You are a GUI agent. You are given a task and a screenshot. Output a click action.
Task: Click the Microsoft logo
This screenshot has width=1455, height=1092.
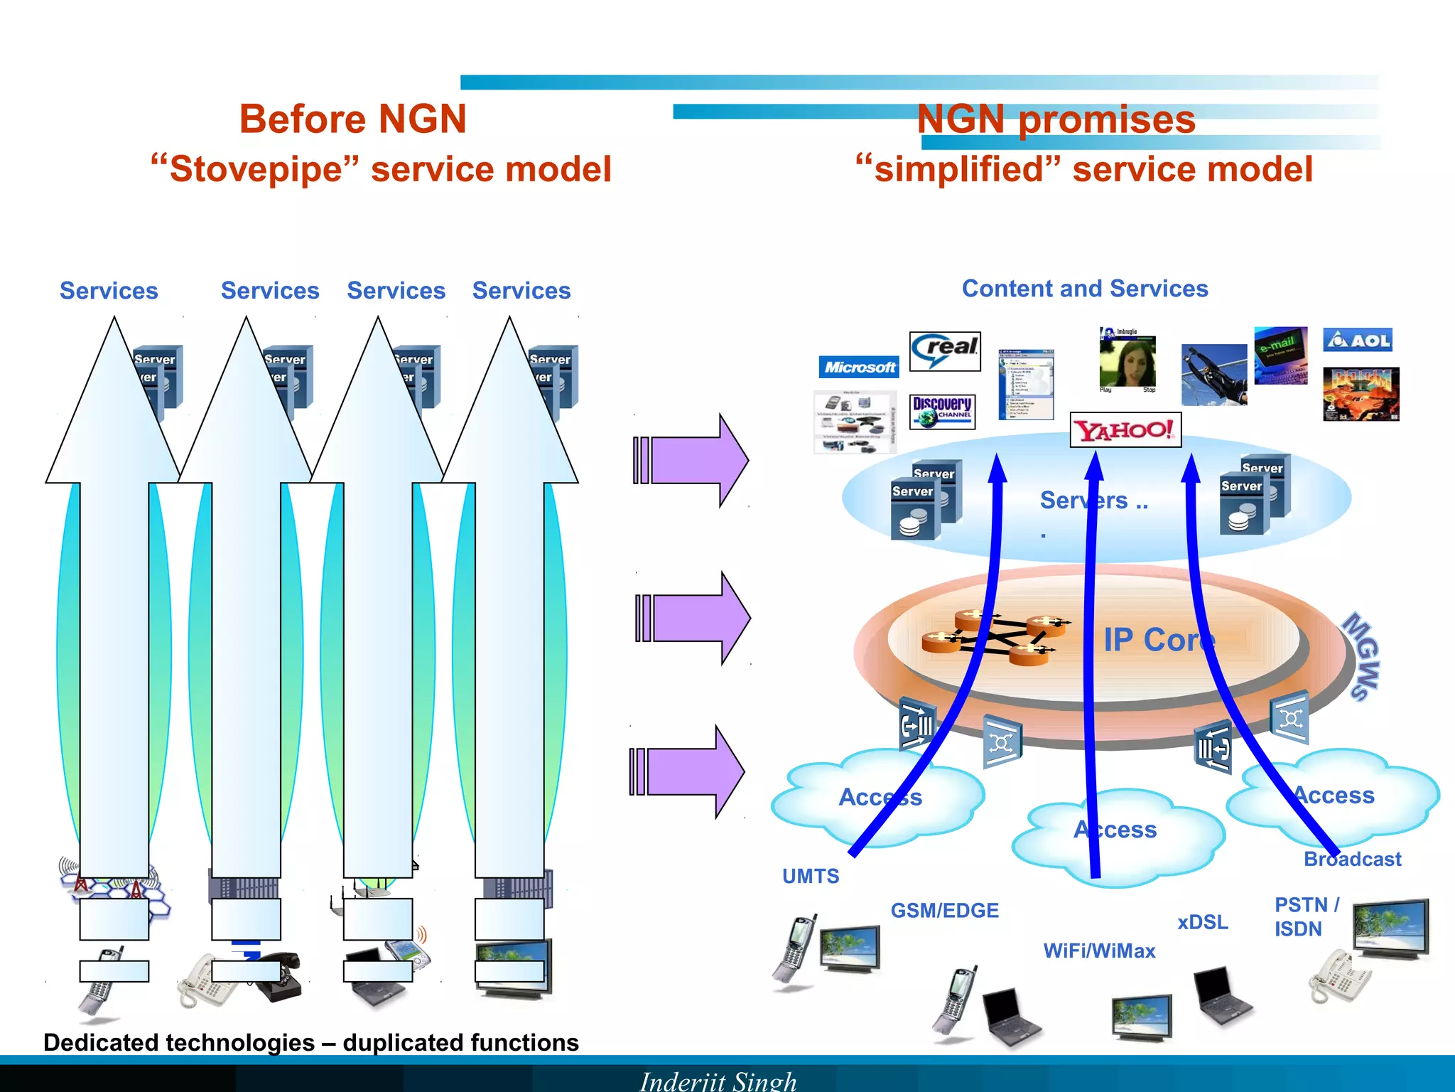[x=859, y=367]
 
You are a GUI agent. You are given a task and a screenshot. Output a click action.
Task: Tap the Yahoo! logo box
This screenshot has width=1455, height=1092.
[x=1125, y=430]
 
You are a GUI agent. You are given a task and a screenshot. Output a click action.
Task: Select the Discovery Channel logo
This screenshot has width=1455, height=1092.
[x=943, y=412]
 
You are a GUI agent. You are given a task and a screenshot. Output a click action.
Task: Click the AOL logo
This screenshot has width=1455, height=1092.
[x=1358, y=340]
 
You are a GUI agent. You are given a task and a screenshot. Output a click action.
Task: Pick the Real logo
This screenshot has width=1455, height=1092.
[x=945, y=350]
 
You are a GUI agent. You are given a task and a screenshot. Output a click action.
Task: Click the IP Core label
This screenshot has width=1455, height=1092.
[x=1159, y=640]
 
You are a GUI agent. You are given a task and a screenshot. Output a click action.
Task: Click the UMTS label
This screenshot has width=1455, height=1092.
[x=811, y=876]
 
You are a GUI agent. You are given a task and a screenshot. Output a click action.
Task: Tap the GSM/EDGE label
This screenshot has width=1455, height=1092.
[x=944, y=910]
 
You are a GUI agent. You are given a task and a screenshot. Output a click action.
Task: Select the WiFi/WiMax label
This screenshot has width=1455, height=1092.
[x=1099, y=951]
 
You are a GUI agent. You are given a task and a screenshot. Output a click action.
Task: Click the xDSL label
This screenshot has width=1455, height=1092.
[x=1202, y=922]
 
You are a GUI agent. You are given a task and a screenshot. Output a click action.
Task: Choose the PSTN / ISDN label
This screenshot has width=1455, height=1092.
[x=1305, y=916]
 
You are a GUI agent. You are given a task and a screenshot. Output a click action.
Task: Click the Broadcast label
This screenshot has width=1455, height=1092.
[x=1353, y=859]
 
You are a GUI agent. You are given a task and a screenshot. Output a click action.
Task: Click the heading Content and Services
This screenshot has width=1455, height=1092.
[x=1085, y=289]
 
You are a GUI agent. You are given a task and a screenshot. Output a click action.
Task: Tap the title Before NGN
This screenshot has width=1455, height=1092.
[x=352, y=119]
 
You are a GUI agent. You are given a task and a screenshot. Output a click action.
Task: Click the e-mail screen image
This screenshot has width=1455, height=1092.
[x=1280, y=355]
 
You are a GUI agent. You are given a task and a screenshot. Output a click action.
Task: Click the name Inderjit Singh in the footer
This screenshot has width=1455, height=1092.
[x=718, y=1081]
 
